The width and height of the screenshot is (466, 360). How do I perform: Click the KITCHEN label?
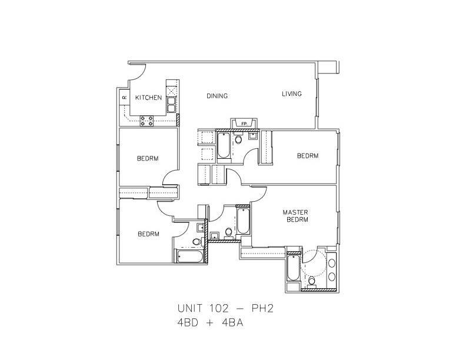(x=148, y=98)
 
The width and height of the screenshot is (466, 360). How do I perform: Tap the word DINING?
(x=217, y=96)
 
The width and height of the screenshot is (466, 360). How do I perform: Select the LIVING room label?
(x=291, y=94)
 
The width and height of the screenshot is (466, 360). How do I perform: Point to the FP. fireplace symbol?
(x=243, y=123)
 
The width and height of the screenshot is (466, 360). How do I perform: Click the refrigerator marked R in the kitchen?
(x=124, y=98)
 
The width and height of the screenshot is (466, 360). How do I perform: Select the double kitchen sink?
(x=171, y=104)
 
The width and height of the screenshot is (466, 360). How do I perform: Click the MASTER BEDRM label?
(x=296, y=215)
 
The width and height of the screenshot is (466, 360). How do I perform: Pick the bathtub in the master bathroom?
(x=292, y=269)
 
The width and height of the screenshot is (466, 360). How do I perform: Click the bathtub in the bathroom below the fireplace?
(x=224, y=145)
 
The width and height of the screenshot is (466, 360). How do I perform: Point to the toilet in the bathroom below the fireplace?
(x=239, y=140)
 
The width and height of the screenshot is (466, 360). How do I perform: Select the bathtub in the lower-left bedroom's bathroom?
(x=189, y=256)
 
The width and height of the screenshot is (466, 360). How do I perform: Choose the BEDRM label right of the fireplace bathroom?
(x=307, y=156)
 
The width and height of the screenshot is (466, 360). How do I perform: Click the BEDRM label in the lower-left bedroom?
(x=148, y=234)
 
